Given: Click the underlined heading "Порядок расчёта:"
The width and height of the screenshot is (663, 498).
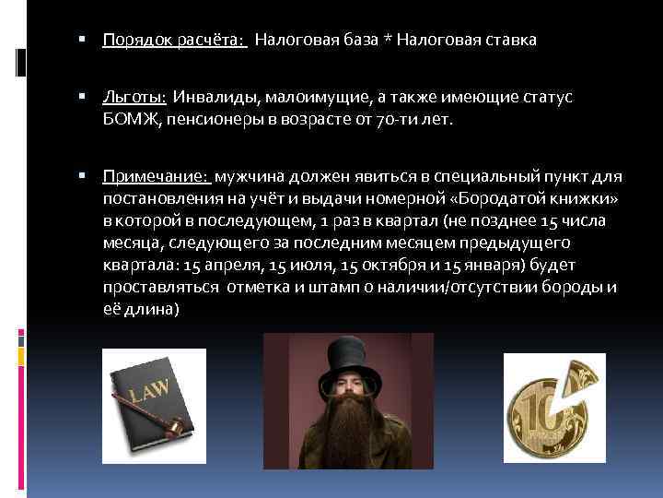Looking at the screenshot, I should (x=174, y=41).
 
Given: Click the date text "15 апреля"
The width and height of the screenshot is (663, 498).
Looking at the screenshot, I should (x=220, y=265).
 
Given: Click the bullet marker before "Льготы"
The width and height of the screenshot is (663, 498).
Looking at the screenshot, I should (x=83, y=97).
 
